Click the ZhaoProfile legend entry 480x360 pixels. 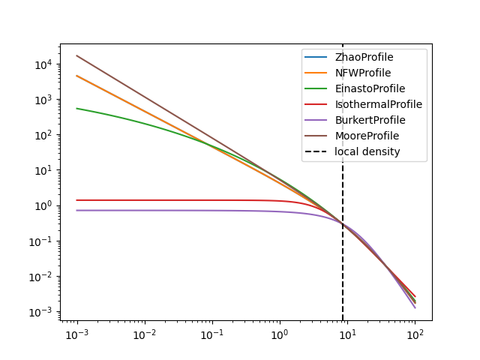pyautogui.click(x=364, y=57)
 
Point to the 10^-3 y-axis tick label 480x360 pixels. pyautogui.click(x=41, y=312)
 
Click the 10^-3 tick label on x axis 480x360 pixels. pyautogui.click(x=76, y=333)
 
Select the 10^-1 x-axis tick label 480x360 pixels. pyautogui.click(x=211, y=333)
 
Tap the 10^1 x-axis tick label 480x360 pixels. pyautogui.click(x=347, y=333)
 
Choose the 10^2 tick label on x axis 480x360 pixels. pyautogui.click(x=415, y=333)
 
